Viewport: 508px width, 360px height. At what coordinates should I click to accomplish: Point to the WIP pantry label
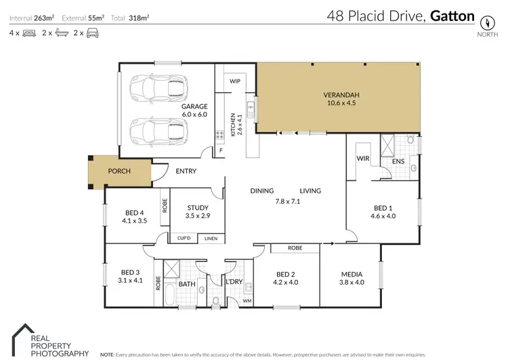(x=235, y=81)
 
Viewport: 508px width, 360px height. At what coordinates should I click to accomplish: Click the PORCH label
(x=119, y=171)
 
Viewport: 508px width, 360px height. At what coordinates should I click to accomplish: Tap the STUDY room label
(x=198, y=208)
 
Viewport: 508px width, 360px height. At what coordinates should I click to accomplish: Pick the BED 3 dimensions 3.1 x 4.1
(x=130, y=279)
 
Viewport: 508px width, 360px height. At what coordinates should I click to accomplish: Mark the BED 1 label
(x=382, y=208)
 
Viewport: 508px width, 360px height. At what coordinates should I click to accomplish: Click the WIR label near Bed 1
(x=362, y=159)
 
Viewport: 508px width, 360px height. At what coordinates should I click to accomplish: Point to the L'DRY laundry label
(x=235, y=281)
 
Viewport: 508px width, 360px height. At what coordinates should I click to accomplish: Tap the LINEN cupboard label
(x=211, y=238)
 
